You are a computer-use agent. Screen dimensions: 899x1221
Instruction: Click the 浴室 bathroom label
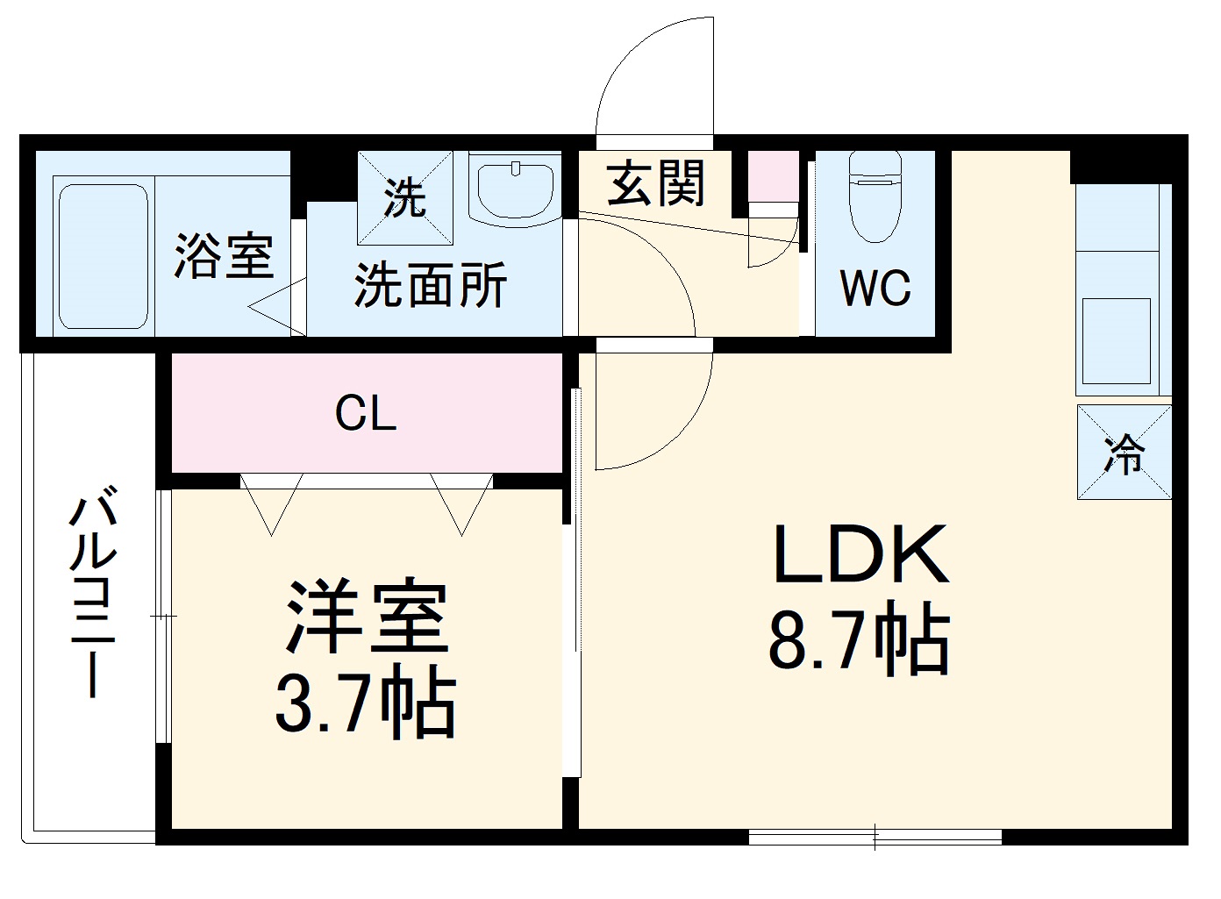tap(224, 256)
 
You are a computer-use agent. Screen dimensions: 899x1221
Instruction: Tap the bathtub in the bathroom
tap(103, 256)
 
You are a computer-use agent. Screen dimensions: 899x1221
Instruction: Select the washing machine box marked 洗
tap(405, 198)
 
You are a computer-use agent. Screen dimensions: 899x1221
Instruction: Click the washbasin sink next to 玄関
tap(515, 188)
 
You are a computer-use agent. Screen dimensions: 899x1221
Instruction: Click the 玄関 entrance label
tap(656, 184)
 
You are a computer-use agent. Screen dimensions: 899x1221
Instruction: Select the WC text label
tap(875, 287)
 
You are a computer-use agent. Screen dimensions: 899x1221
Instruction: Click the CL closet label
tap(366, 413)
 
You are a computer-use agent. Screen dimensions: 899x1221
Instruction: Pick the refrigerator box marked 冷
tap(1124, 453)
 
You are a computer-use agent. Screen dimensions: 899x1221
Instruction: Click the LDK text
tap(859, 555)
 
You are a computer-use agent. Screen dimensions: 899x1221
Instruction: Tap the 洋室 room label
tap(367, 618)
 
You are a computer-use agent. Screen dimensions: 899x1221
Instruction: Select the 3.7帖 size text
tap(366, 704)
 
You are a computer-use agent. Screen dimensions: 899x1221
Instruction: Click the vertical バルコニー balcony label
tap(93, 596)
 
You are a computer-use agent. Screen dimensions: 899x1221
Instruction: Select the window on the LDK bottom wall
tap(875, 838)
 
